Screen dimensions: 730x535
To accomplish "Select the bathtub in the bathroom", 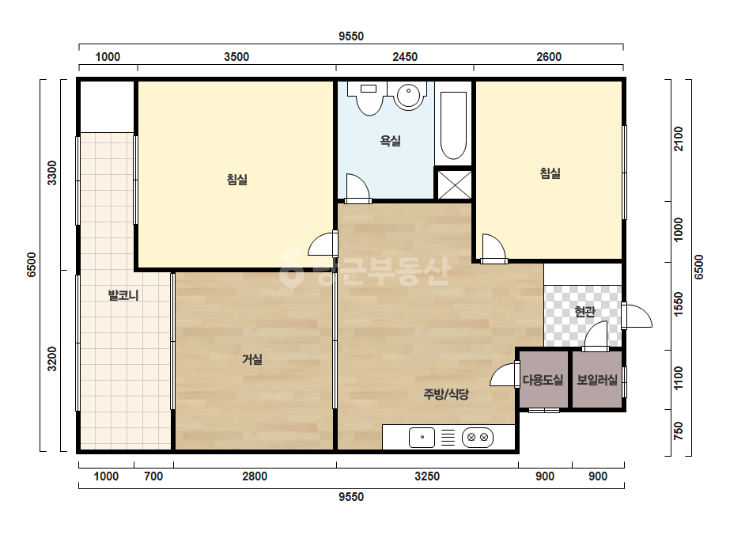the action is coord(453,126).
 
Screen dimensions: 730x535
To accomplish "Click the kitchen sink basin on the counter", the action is coord(422,438).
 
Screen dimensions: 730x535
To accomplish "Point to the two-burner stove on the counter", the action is coord(477,437).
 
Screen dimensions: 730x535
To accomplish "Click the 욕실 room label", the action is coord(390,140).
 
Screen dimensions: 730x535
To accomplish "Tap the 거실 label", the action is coord(252,359).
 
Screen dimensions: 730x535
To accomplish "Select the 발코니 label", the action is coord(123,295).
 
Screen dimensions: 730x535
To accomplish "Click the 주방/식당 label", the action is coord(446,394).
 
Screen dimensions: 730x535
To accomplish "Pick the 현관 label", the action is coord(584,311).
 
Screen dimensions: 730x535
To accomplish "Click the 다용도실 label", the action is coord(543,380).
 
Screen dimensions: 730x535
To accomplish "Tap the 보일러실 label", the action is coord(597,380).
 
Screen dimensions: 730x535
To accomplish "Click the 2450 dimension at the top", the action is coord(405,57).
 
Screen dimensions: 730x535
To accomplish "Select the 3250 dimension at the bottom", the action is coord(427,476).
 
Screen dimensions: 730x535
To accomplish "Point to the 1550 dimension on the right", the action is coord(679,305).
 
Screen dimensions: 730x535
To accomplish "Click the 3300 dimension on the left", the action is coord(51,173).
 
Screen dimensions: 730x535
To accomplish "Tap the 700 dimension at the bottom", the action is coord(153,476).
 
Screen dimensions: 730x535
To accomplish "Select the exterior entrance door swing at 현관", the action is coord(637,316).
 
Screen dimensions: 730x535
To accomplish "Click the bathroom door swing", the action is coord(358,188).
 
